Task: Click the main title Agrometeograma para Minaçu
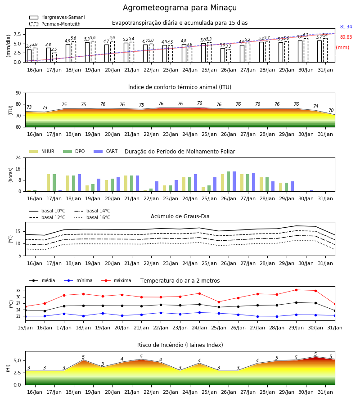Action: pyautogui.click(x=180, y=8)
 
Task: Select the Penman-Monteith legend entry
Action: pyautogui.click(x=55, y=24)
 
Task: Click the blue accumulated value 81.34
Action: pyautogui.click(x=346, y=27)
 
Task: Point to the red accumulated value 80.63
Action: pyautogui.click(x=346, y=37)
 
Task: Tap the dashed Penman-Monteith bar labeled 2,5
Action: pyautogui.click(x=54, y=57)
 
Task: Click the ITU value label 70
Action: pyautogui.click(x=331, y=110)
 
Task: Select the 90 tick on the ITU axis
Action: pyautogui.click(x=18, y=93)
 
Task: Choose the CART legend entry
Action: pyautogui.click(x=106, y=151)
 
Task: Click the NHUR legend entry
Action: pyautogui.click(x=42, y=151)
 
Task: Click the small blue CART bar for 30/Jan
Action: pyautogui.click(x=312, y=191)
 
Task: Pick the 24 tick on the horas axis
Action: pyautogui.click(x=18, y=157)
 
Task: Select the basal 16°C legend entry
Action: pyautogui.click(x=92, y=217)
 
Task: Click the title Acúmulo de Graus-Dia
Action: pyautogui.click(x=180, y=216)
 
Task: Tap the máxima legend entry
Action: pyautogui.click(x=116, y=280)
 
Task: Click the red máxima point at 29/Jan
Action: pyautogui.click(x=296, y=290)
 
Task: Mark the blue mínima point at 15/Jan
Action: pyautogui.click(x=25, y=316)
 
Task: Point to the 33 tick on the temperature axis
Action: pyautogui.click(x=18, y=291)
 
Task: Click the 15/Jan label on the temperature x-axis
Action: pyautogui.click(x=25, y=328)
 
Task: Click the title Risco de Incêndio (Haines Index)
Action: pyautogui.click(x=180, y=345)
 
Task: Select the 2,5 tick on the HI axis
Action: pyautogui.click(x=17, y=373)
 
